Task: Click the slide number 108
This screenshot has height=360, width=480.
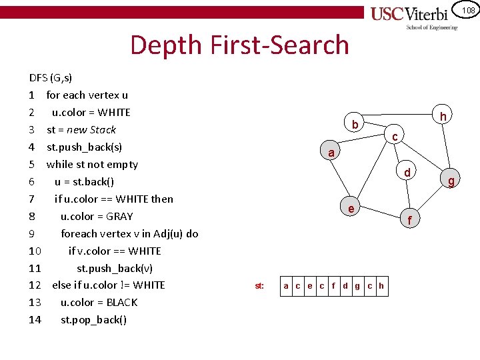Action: point(469,9)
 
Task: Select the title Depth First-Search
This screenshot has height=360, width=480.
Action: point(239,45)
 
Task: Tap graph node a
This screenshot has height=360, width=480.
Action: point(331,153)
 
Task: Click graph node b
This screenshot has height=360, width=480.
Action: point(355,124)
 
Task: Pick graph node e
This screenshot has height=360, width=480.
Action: point(351,208)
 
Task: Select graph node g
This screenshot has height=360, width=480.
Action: point(451,181)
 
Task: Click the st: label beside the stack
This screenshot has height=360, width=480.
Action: point(259,286)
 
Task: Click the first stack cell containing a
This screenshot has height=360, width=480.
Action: point(286,286)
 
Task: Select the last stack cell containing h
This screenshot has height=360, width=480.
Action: point(381,286)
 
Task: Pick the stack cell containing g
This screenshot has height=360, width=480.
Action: point(357,286)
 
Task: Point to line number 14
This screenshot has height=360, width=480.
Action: point(35,319)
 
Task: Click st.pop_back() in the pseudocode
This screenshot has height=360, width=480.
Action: point(93,319)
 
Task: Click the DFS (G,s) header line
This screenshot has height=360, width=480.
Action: point(51,77)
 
